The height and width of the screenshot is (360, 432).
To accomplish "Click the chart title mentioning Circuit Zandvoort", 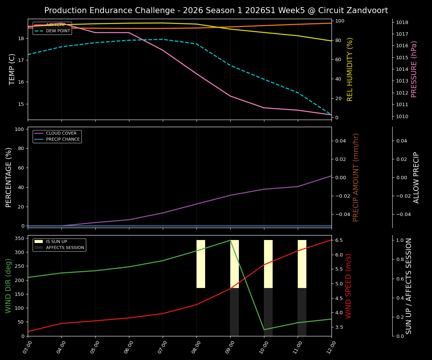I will click(216, 10).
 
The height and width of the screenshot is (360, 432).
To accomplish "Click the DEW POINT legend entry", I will click(58, 31).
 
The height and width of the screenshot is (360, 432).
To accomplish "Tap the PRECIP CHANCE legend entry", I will click(63, 139).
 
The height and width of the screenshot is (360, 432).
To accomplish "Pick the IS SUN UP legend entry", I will click(56, 242).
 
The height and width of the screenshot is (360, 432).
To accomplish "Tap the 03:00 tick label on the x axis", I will click(27, 345).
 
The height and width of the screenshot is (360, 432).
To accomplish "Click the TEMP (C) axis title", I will click(12, 69).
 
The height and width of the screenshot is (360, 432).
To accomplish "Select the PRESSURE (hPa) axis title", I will click(414, 69).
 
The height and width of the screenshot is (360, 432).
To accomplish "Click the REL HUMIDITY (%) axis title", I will click(350, 69).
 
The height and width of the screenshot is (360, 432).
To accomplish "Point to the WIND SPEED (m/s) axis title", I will click(349, 286).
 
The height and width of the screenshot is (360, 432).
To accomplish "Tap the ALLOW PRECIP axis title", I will click(416, 177).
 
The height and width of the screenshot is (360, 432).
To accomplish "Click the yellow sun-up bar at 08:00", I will click(201, 264).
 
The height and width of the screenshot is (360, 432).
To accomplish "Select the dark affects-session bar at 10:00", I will click(268, 312).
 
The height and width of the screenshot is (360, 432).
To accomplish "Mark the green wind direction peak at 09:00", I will click(230, 240).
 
